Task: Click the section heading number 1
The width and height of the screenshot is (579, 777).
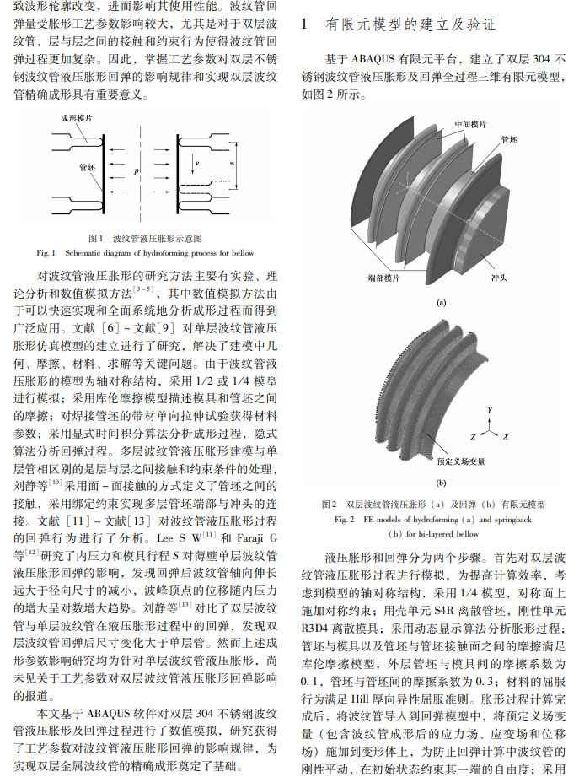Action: point(306,25)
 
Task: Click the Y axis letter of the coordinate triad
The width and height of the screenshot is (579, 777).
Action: point(489,409)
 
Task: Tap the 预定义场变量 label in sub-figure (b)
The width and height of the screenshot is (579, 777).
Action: point(462,462)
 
